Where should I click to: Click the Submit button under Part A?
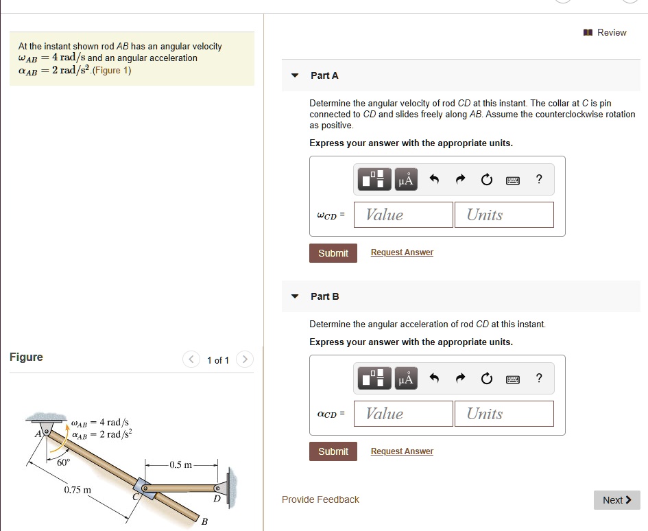333,253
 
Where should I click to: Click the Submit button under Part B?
333,451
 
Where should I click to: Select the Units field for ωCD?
503,215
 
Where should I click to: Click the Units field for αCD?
503,414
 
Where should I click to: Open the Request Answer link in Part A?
402,252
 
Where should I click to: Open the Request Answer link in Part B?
402,451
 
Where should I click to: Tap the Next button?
616,500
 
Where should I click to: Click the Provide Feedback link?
320,499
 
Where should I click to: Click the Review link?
606,32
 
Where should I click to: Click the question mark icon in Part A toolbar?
539,180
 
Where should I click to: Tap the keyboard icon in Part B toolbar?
512,379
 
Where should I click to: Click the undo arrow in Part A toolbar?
433,180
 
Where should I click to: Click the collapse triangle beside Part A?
295,75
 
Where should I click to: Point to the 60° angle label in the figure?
63,462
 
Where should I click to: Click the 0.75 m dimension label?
77,490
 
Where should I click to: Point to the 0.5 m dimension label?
182,464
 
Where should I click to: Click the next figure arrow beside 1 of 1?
245,359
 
